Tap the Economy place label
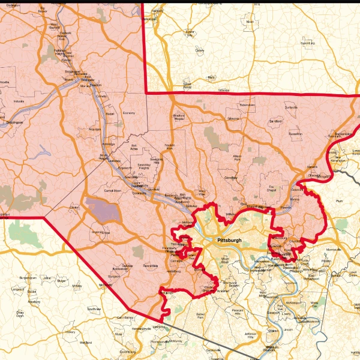(128, 113)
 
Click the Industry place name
(19, 101)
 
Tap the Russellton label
(295, 134)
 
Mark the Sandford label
(275, 121)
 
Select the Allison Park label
(238, 158)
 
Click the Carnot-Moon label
(113, 190)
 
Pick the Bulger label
(61, 280)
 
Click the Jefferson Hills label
(250, 335)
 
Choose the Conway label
(101, 96)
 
